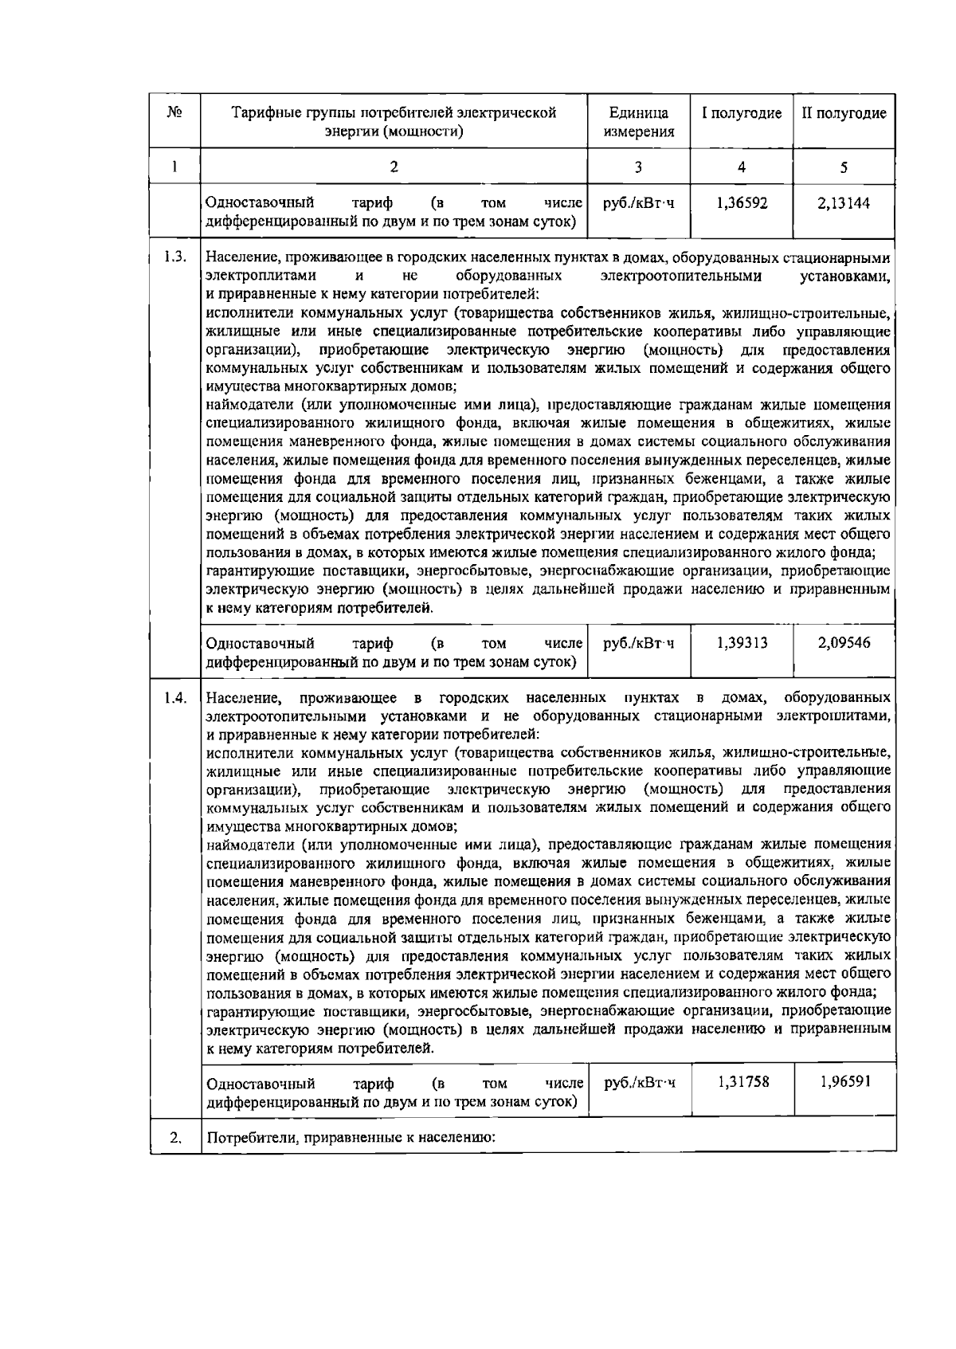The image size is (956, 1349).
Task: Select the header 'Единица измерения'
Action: [638, 122]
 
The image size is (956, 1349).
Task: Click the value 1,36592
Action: [742, 203]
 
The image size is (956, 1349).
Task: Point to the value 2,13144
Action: [844, 203]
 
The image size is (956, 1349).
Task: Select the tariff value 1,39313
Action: [742, 643]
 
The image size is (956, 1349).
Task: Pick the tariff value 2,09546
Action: [844, 643]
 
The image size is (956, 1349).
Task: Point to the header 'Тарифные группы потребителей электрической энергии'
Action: [394, 122]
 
